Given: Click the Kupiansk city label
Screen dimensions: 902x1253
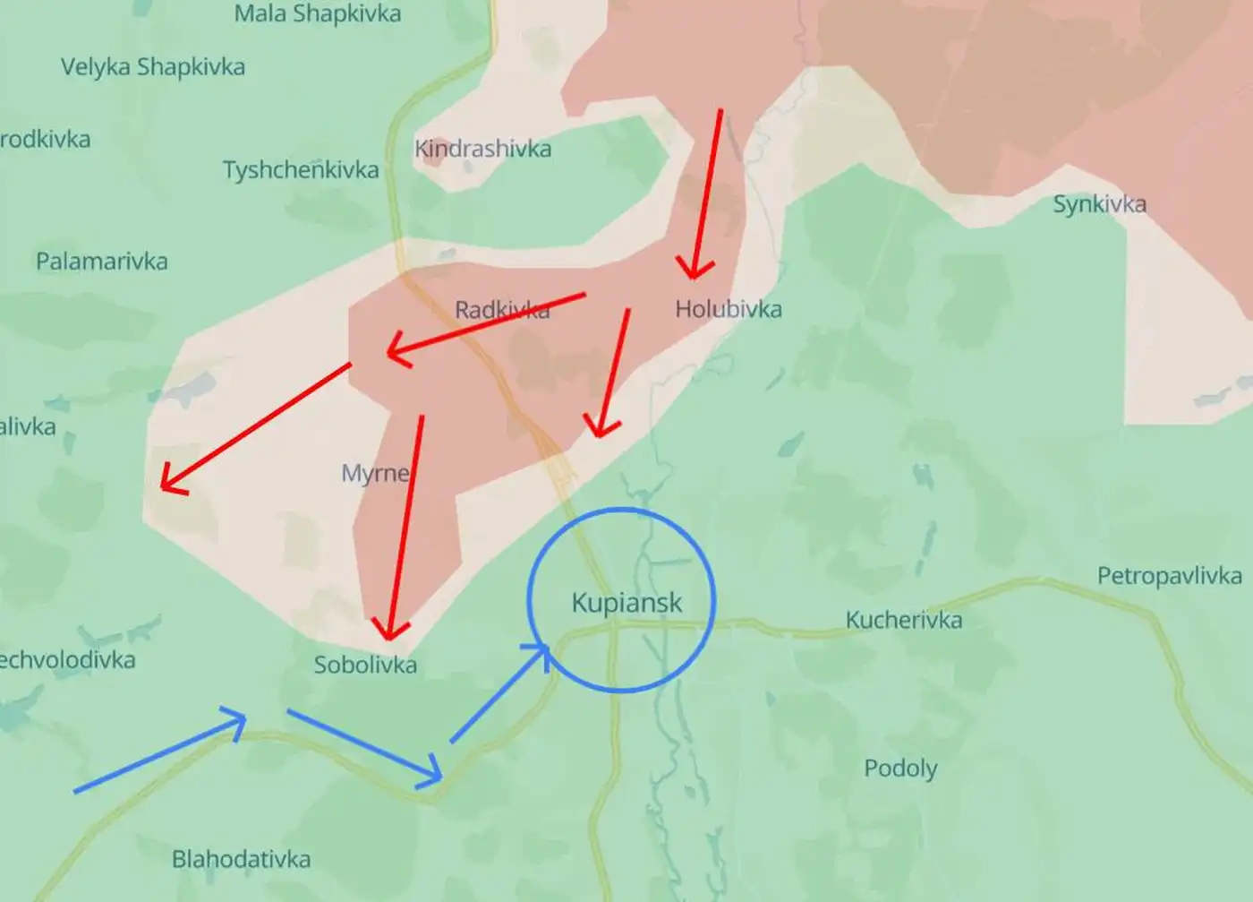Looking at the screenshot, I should coord(626,603).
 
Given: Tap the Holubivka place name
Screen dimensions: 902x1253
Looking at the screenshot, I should coord(728,309).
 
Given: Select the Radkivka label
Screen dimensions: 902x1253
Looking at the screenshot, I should coord(501,310).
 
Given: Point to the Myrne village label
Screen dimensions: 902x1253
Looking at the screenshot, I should coord(376,472).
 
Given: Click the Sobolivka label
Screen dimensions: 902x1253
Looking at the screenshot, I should coord(365,665).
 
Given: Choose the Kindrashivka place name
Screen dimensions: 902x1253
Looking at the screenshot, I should coord(482,149).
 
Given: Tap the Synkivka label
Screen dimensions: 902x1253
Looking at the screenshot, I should coord(1099,204).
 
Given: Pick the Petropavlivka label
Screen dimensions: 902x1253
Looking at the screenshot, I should coord(1169,576).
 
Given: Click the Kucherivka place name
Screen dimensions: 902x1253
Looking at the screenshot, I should coord(904,620).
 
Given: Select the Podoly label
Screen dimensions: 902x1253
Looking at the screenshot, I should coord(900,769).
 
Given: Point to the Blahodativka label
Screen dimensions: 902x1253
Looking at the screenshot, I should coord(241,860).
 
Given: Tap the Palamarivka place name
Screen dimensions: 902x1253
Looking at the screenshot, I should coord(102,262).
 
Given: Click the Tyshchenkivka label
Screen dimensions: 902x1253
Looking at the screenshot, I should coord(301,170).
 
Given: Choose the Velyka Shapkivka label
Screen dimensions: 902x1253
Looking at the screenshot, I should coord(153,67).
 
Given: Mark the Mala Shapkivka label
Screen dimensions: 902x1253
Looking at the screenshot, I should coord(318,14).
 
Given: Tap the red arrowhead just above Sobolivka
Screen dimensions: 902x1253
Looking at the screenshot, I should coord(389,630).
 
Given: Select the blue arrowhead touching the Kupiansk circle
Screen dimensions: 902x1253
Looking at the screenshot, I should coord(540,652).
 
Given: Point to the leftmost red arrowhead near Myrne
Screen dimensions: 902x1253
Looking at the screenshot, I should coord(170,482).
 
